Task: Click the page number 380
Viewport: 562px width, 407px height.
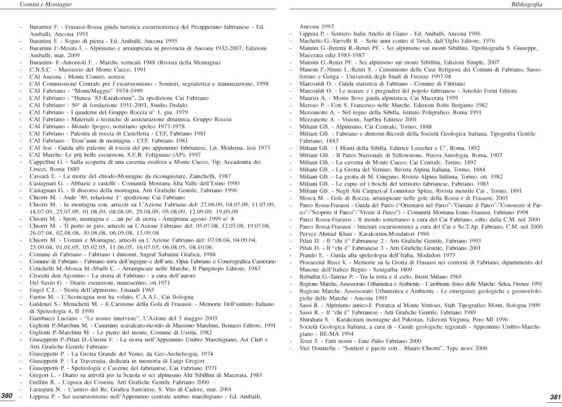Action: click(x=8, y=396)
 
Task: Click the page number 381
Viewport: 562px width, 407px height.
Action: click(x=554, y=396)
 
